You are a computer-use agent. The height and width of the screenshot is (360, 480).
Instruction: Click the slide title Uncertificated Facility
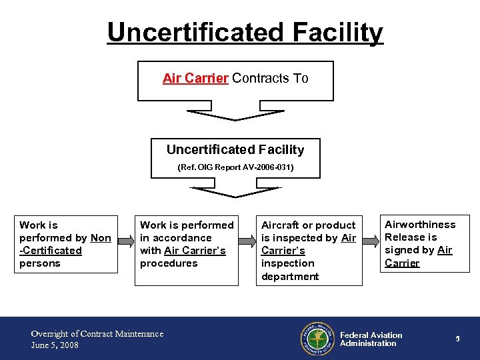[245, 32]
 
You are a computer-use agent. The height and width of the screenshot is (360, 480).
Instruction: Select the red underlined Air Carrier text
[195, 78]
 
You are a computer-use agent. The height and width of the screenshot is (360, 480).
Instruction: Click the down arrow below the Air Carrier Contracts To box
[235, 115]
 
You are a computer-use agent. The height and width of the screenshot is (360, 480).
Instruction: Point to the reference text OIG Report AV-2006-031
[235, 168]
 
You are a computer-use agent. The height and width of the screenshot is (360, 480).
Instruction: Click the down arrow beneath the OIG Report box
[235, 192]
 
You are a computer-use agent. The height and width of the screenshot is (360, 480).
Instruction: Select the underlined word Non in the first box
[101, 238]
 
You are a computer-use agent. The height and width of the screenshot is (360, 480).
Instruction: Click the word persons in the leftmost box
[40, 263]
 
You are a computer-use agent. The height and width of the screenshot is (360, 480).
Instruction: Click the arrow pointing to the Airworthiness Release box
[370, 243]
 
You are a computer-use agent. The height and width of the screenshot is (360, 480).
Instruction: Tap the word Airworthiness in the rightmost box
[420, 225]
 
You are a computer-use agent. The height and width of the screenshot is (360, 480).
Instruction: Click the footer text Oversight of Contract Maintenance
[97, 333]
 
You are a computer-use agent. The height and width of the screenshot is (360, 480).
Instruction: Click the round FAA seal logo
[316, 339]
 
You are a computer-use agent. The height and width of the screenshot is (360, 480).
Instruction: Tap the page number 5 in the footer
[458, 339]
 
